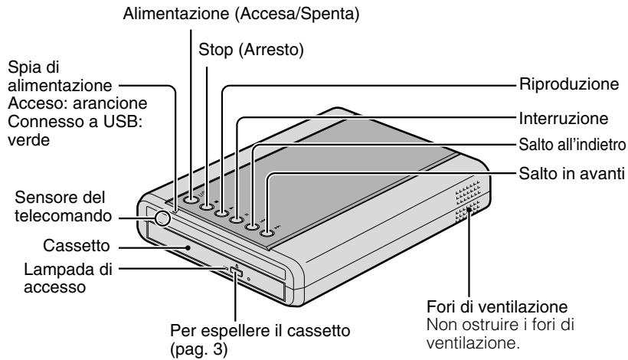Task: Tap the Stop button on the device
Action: coord(207,205)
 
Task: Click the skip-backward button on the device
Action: coord(252,226)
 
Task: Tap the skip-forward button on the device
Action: coord(267,233)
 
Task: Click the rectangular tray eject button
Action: coord(235,273)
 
